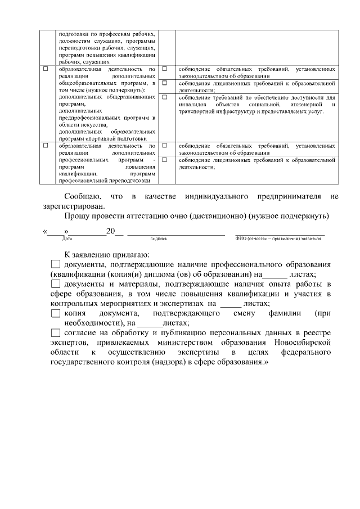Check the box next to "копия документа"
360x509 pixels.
(x=55, y=313)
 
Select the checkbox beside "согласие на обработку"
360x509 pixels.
(x=55, y=332)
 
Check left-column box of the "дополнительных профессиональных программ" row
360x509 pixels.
(x=46, y=146)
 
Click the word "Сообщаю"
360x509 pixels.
(x=82, y=196)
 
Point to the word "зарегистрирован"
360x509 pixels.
(x=70, y=206)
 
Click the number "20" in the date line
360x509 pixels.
(x=111, y=231)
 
